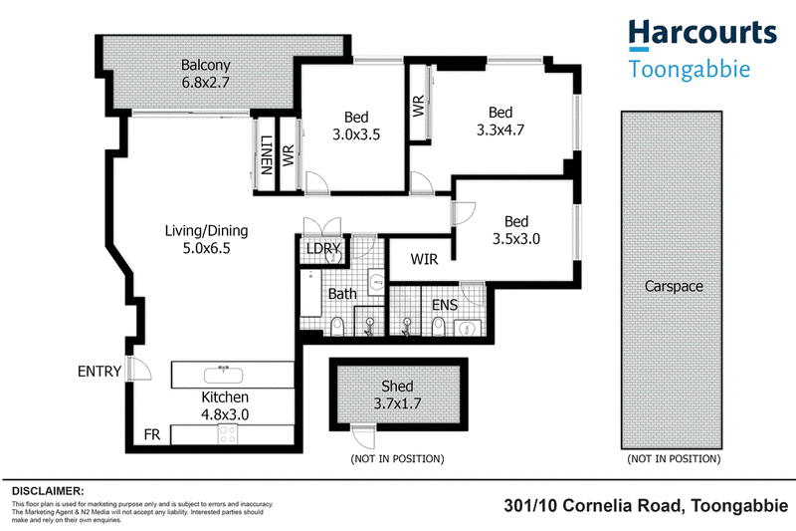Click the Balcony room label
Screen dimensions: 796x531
[x=206, y=66]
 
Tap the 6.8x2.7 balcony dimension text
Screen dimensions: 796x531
[x=206, y=83]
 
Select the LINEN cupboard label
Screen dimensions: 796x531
[x=266, y=155]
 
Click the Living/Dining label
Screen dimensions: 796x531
[x=206, y=231]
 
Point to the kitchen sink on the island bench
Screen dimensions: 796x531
[x=223, y=375]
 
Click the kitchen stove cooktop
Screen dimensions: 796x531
[x=228, y=434]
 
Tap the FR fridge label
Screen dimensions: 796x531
[x=152, y=434]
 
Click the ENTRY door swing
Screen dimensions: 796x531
[x=139, y=369]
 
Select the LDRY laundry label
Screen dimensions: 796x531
[x=323, y=248]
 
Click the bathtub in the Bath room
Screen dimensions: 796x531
[x=310, y=293]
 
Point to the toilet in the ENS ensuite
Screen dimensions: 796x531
[x=439, y=327]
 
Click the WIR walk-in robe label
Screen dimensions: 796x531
[x=424, y=259]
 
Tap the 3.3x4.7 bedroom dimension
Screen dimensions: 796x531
[x=500, y=131]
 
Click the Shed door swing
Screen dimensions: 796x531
[x=364, y=436]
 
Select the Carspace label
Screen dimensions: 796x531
[x=674, y=287]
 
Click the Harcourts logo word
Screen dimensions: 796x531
[x=702, y=33]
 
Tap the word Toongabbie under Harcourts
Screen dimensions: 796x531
[x=690, y=69]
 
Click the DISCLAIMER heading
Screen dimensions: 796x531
[x=48, y=491]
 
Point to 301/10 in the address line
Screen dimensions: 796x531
[x=530, y=506]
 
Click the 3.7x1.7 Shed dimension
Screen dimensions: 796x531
[x=397, y=403]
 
